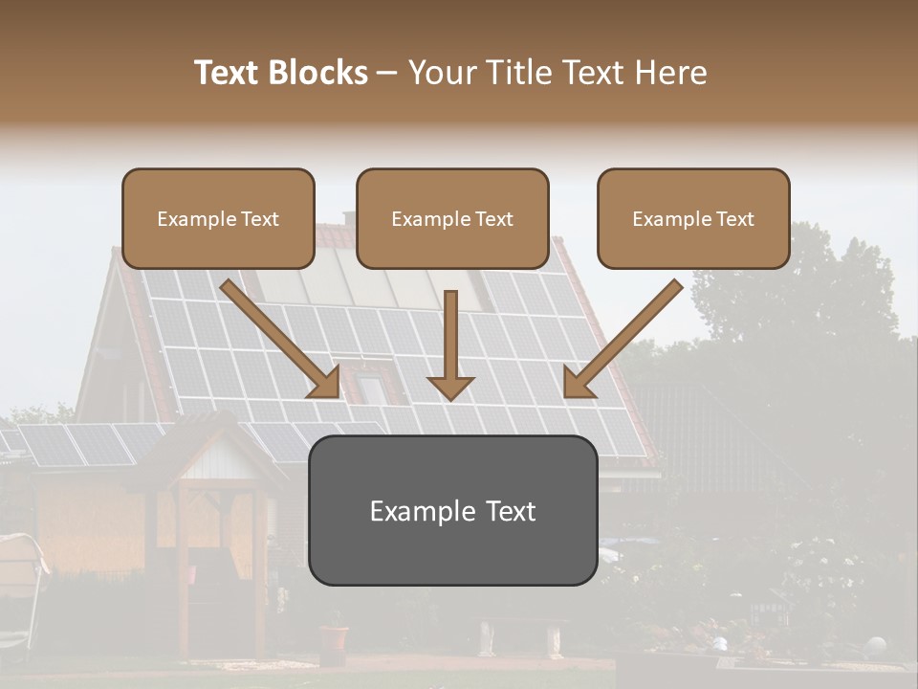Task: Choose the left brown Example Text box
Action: (x=218, y=218)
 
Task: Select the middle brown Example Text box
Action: (x=452, y=218)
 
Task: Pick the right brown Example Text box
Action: (x=693, y=218)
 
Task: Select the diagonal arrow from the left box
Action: (x=282, y=339)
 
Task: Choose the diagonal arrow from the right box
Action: (x=622, y=339)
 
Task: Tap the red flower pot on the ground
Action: (x=334, y=639)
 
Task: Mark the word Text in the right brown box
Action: (x=735, y=218)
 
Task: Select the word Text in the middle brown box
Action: (x=494, y=218)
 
